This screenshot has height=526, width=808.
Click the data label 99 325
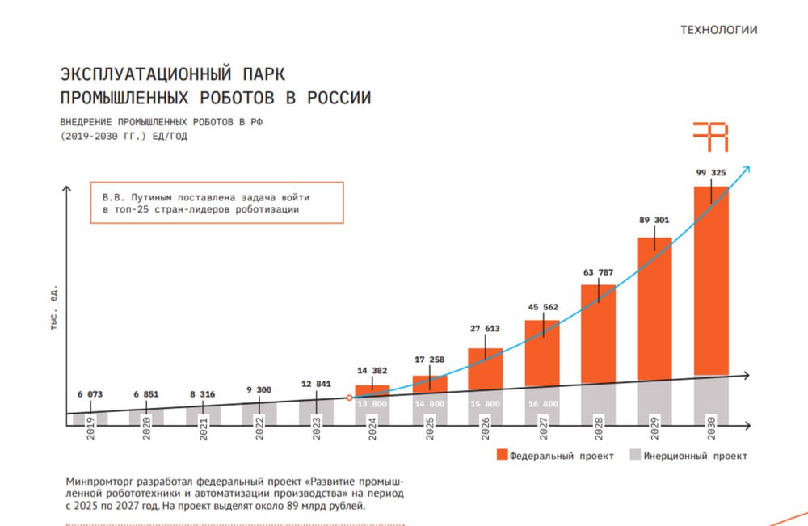(711, 172)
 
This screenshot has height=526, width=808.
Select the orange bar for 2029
(654, 307)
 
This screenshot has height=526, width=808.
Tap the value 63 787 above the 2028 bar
(598, 272)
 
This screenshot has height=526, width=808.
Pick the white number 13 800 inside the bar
(372, 404)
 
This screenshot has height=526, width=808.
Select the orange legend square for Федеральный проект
(502, 456)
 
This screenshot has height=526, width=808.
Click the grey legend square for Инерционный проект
(635, 456)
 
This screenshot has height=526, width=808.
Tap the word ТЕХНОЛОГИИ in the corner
(719, 31)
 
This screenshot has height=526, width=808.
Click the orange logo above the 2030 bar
(711, 137)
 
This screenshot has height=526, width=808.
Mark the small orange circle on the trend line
(349, 398)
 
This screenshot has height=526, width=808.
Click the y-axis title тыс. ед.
(54, 307)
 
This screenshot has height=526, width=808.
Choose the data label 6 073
(90, 394)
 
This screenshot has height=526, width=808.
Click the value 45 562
(541, 307)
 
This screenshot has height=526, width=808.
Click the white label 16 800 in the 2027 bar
(541, 404)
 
